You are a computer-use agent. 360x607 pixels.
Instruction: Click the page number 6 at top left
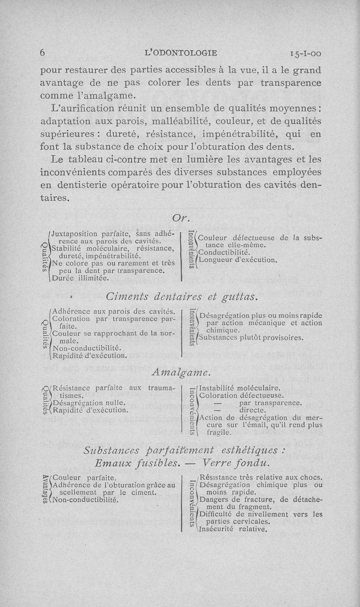(43, 53)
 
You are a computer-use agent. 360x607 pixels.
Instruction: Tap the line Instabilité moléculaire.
(240, 388)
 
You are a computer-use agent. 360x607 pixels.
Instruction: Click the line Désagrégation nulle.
(89, 403)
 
